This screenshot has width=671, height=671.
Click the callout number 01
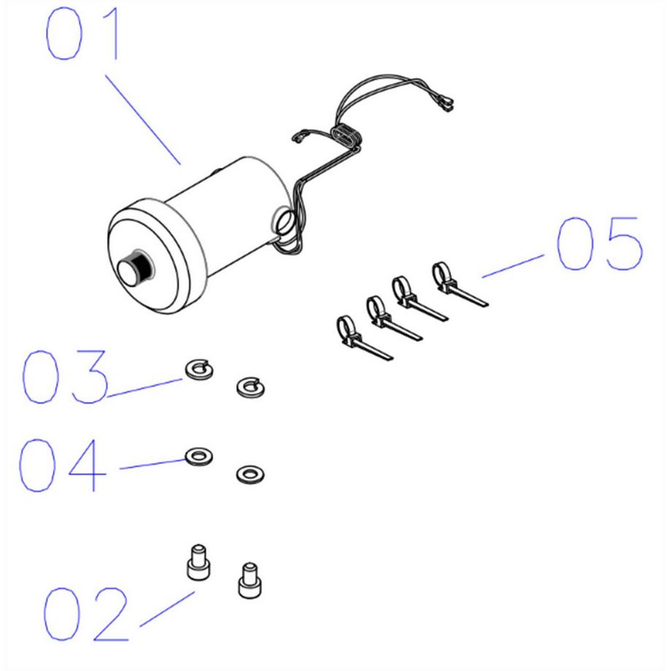tap(81, 34)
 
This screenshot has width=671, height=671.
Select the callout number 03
tap(64, 376)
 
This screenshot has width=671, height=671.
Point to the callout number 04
tap(62, 465)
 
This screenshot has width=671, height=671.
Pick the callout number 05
tap(599, 244)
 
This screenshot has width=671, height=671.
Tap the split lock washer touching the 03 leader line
tap(199, 370)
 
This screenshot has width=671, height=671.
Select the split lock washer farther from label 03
tap(250, 388)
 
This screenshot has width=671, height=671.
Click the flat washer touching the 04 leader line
tap(198, 456)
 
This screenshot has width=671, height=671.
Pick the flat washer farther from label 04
tap(250, 475)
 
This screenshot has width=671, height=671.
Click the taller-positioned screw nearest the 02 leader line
tap(198, 562)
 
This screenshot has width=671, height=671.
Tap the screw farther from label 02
tap(250, 581)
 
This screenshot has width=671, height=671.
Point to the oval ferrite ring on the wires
tap(346, 136)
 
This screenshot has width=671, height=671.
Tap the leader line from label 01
tap(143, 120)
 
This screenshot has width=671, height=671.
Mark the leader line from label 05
tap(513, 266)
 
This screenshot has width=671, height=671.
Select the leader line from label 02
tap(167, 610)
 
